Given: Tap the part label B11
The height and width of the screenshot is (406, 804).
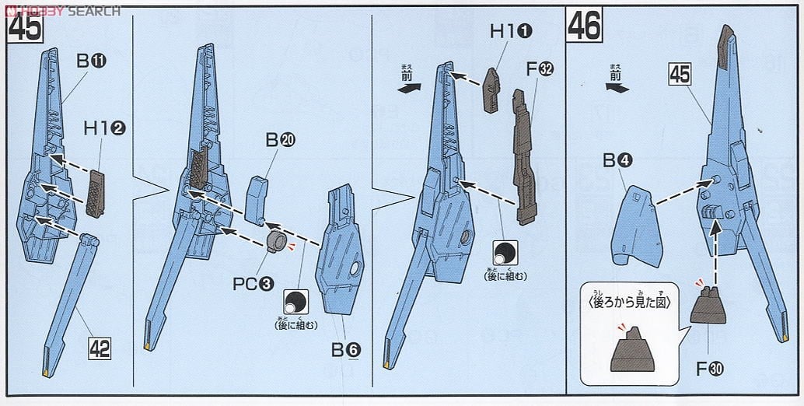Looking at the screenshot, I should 90,61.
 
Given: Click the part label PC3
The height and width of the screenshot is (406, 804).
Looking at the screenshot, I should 255,284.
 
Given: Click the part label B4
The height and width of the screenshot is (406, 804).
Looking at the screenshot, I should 618,161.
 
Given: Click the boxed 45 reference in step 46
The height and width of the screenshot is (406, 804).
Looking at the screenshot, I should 679,75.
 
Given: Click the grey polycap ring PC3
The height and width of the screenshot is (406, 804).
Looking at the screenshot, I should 277,241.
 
